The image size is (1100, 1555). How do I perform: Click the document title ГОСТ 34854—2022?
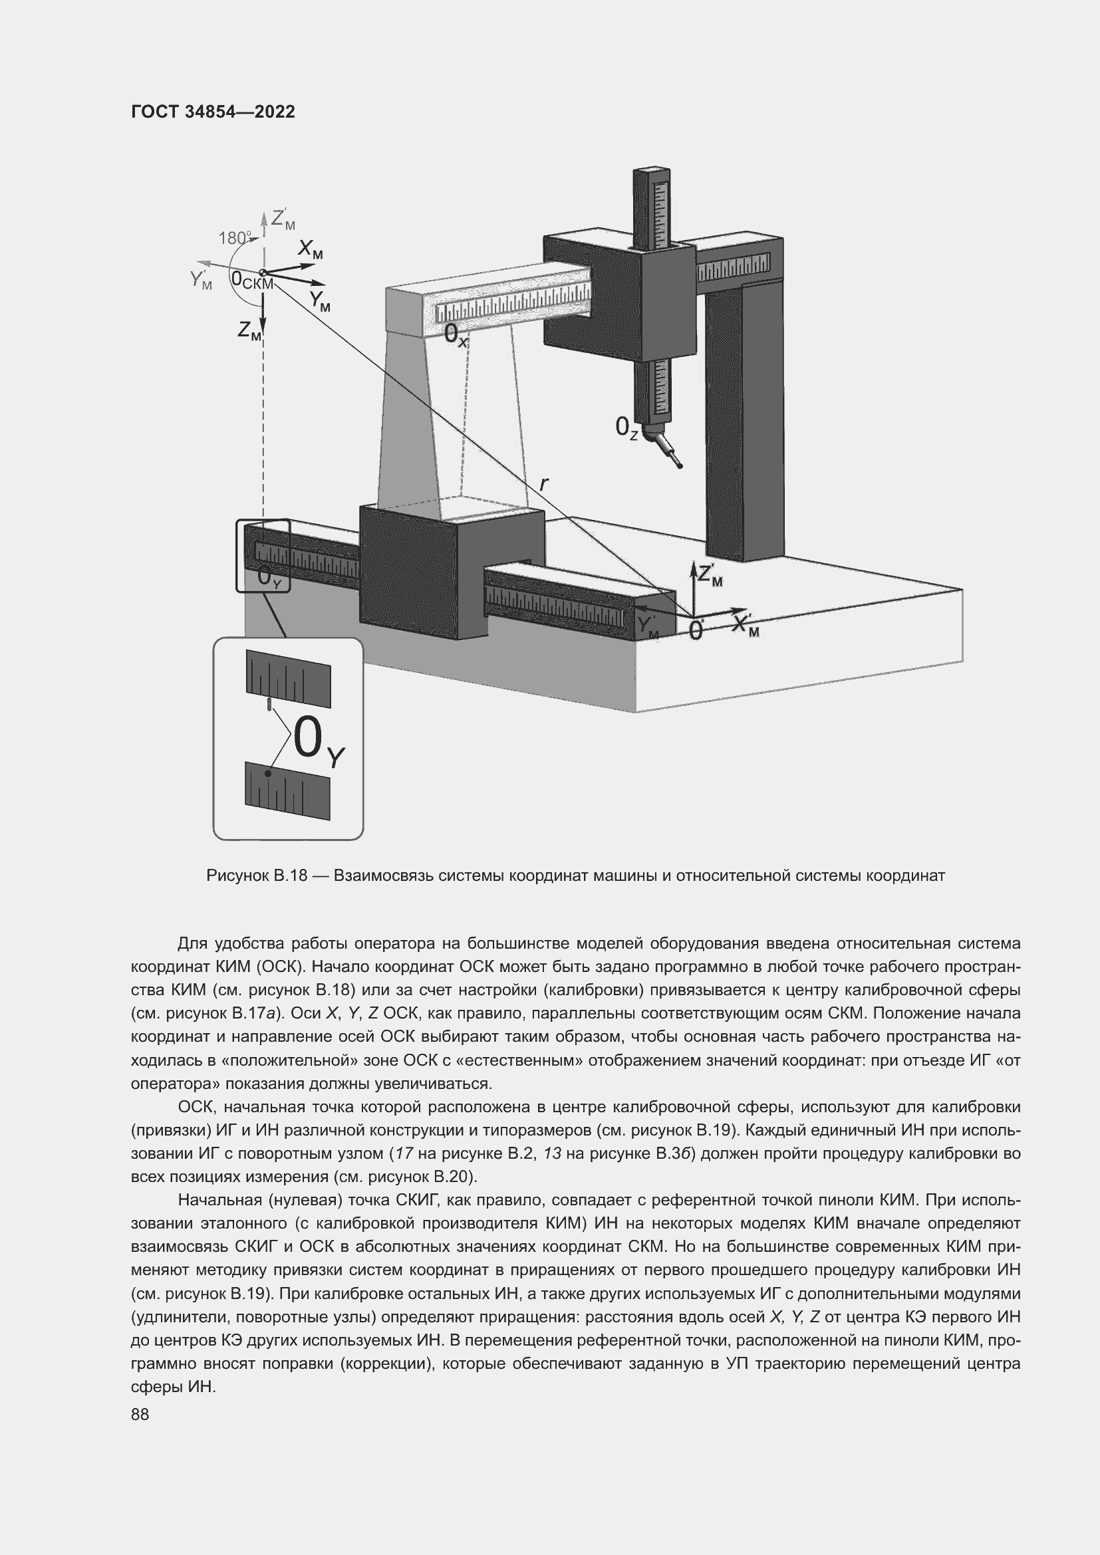click(x=213, y=112)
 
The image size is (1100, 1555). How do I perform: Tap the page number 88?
click(x=140, y=1414)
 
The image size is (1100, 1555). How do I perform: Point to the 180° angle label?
click(x=234, y=239)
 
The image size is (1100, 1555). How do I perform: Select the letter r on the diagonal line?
click(x=544, y=483)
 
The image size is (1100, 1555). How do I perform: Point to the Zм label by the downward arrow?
click(x=249, y=330)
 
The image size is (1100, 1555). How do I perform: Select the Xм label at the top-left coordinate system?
click(x=311, y=251)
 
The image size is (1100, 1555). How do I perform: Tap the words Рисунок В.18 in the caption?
click(x=257, y=876)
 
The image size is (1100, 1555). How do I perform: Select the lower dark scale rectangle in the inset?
click(x=288, y=790)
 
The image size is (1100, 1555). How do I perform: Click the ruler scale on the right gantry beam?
click(x=734, y=267)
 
